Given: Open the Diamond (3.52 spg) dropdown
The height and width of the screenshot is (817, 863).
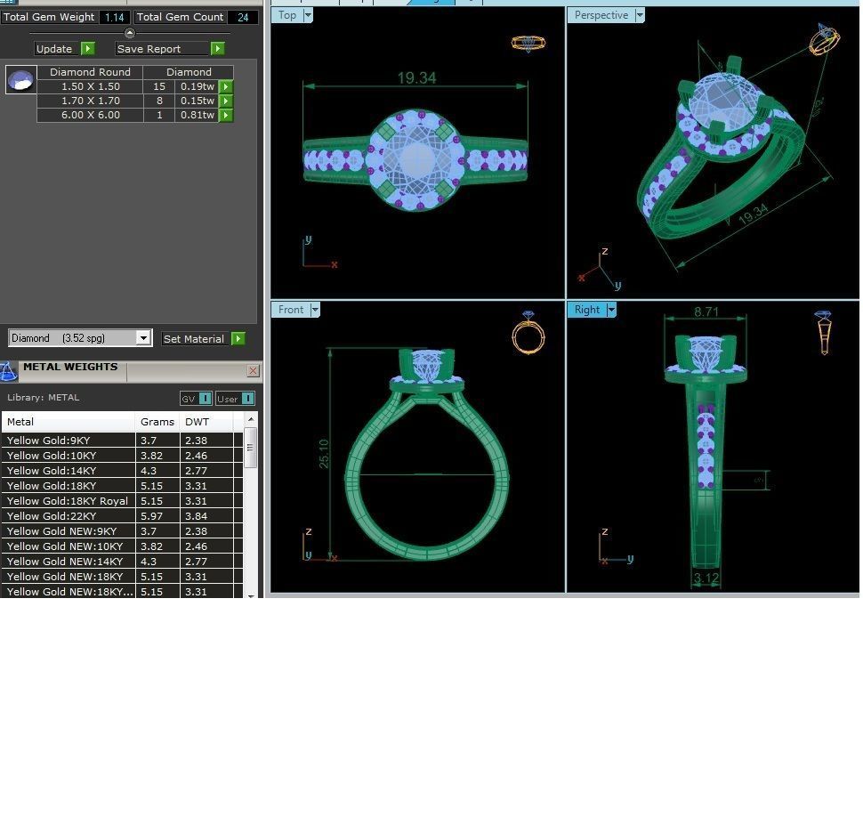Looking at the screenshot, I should click(143, 338).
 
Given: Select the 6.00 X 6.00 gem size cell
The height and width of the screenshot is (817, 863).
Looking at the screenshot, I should click(90, 115).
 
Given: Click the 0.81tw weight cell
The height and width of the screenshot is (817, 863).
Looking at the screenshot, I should click(197, 115).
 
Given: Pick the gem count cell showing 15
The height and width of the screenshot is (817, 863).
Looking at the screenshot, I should click(159, 86).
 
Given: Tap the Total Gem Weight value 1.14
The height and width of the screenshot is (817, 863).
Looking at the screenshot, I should click(113, 17).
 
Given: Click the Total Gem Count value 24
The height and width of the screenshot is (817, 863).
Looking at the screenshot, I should click(242, 17).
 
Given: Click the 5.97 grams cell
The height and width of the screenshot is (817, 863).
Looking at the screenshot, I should click(152, 516).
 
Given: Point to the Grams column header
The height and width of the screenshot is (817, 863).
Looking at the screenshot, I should click(157, 422).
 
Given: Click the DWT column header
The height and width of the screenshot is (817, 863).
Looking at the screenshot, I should click(198, 422).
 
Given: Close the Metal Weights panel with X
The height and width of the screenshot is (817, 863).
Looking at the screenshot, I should click(253, 370).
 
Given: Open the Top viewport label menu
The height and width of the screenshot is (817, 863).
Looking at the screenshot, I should click(308, 15).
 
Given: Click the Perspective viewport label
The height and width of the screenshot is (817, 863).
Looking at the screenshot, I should click(601, 15).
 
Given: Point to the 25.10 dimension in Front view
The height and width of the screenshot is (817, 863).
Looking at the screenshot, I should click(324, 454).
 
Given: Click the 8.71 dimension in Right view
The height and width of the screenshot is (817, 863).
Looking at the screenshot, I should click(706, 312).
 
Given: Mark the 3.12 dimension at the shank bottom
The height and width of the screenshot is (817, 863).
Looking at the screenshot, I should click(706, 578).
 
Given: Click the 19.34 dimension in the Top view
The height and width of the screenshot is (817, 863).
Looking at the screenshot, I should click(416, 78).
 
